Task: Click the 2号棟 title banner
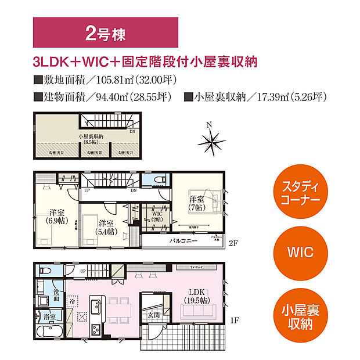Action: coord(105,33)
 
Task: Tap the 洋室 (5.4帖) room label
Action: coord(106,227)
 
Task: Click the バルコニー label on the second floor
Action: coord(183,240)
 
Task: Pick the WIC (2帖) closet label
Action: coord(157,217)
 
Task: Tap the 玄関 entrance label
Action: coord(152,315)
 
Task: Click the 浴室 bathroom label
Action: coord(49,317)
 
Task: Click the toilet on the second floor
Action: coord(161,181)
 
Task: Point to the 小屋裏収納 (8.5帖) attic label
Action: coord(91,139)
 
